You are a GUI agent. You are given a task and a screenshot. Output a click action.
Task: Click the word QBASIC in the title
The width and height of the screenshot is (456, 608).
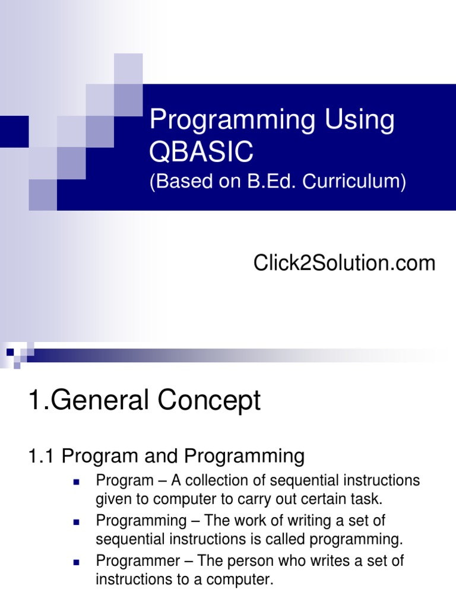pos(201,153)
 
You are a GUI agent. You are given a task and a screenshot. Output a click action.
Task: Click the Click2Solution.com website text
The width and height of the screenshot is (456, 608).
pos(344,262)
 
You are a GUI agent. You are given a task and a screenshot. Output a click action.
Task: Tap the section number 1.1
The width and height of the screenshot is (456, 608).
pos(42,456)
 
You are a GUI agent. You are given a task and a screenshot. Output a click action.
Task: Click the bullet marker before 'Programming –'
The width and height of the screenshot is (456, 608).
pos(76,522)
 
